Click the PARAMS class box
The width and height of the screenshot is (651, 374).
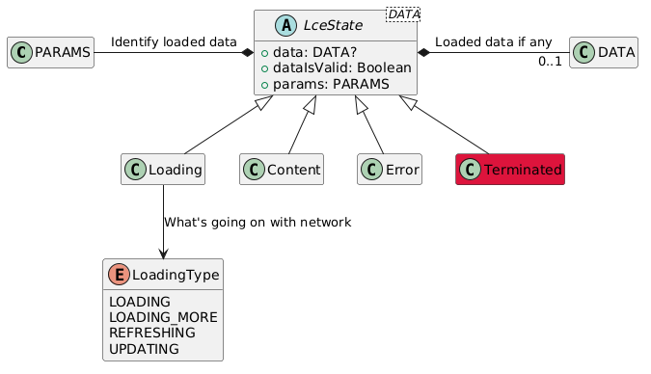click(x=51, y=52)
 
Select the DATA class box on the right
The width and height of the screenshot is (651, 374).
click(x=604, y=52)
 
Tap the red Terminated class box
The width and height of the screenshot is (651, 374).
click(x=509, y=170)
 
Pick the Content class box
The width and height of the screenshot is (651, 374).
click(x=281, y=170)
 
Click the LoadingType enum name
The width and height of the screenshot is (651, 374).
click(x=176, y=275)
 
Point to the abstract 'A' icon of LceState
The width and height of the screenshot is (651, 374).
click(x=273, y=25)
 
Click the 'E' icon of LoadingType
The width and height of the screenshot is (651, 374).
click(x=121, y=275)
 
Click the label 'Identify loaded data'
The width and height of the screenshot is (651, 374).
click(x=174, y=41)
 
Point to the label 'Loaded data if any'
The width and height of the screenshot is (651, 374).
click(x=493, y=41)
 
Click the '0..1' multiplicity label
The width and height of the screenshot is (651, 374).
click(x=550, y=62)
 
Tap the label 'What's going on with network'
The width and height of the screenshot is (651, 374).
click(x=258, y=222)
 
